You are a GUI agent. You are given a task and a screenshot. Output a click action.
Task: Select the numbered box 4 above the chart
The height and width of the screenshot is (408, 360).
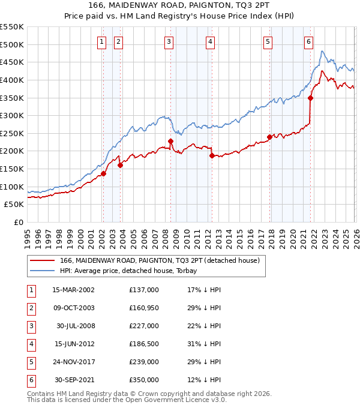(211, 41)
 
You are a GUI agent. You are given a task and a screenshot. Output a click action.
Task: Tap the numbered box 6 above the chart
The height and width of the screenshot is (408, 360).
(308, 41)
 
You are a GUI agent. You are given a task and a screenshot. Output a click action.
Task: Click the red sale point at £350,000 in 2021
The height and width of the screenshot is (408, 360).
(310, 98)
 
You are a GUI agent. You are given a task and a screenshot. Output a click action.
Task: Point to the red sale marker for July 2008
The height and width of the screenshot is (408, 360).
(170, 142)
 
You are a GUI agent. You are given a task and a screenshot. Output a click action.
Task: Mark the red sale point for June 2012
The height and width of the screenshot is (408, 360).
(212, 156)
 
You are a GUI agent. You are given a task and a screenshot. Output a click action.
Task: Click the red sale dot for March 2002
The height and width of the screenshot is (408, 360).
(103, 173)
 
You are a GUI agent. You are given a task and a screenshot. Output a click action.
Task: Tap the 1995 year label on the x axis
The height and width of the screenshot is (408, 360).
(28, 238)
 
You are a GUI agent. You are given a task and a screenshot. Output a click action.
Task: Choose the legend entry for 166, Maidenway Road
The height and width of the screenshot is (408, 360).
(159, 260)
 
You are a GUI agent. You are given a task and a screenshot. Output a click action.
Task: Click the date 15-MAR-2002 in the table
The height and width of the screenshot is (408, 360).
(73, 289)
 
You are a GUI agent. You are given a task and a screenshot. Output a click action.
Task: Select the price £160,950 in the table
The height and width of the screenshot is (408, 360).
(144, 307)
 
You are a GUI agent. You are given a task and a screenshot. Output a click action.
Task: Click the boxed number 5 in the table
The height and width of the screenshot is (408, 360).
(29, 362)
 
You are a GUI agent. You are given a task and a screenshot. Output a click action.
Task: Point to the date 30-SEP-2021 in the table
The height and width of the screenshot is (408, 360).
(73, 380)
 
